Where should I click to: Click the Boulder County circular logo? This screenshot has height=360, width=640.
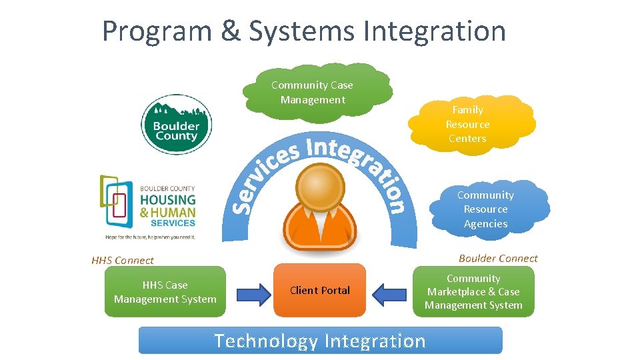(x=176, y=125)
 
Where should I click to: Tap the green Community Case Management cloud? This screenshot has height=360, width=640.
(x=317, y=93)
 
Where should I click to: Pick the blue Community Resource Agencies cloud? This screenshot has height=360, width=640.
(x=487, y=209)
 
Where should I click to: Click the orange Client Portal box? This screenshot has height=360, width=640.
(x=320, y=291)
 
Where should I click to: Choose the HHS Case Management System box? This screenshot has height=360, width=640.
(x=165, y=292)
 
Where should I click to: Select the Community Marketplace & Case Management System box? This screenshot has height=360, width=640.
(x=473, y=292)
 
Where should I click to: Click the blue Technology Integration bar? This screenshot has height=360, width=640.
(x=320, y=341)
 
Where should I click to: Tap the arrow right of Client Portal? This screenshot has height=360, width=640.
(x=390, y=293)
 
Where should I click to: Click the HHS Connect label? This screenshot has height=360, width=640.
(x=123, y=261)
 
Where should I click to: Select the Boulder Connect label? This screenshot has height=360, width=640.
(x=498, y=259)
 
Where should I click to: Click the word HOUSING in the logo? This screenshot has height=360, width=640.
(x=167, y=200)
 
